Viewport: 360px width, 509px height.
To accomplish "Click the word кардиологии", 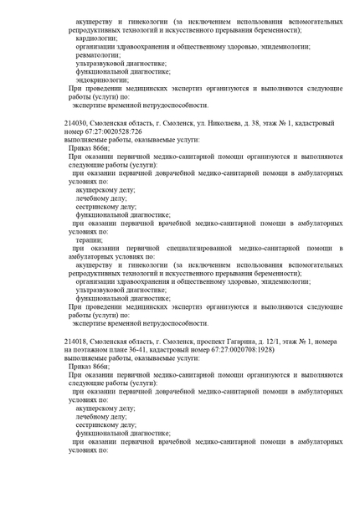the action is pos(95,38).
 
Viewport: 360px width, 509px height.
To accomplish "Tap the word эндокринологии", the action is pos(101,80).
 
